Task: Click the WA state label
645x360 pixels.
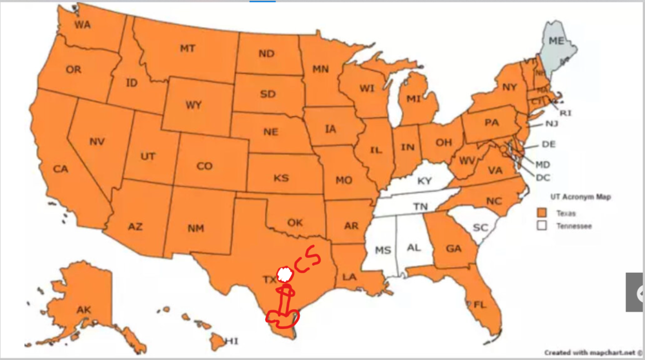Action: pyautogui.click(x=82, y=25)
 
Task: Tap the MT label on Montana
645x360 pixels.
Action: pyautogui.click(x=188, y=48)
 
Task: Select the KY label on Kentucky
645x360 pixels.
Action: pyautogui.click(x=424, y=181)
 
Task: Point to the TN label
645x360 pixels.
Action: pyautogui.click(x=421, y=207)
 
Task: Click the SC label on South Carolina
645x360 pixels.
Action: pyautogui.click(x=480, y=228)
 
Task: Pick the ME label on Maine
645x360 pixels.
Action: pyautogui.click(x=556, y=41)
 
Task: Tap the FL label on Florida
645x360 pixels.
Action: pyautogui.click(x=479, y=304)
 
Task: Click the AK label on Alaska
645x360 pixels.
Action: pyautogui.click(x=84, y=310)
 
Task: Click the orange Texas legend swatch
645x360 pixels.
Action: pyautogui.click(x=542, y=213)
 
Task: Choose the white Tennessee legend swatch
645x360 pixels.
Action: pyautogui.click(x=542, y=226)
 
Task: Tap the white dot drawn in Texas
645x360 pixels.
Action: pyautogui.click(x=284, y=274)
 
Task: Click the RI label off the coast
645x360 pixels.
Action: pyautogui.click(x=566, y=113)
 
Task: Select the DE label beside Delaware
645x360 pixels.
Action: pyautogui.click(x=548, y=144)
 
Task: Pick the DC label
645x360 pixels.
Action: pyautogui.click(x=542, y=177)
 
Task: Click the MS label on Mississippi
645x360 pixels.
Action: pyautogui.click(x=383, y=250)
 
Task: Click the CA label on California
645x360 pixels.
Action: pyautogui.click(x=61, y=169)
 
